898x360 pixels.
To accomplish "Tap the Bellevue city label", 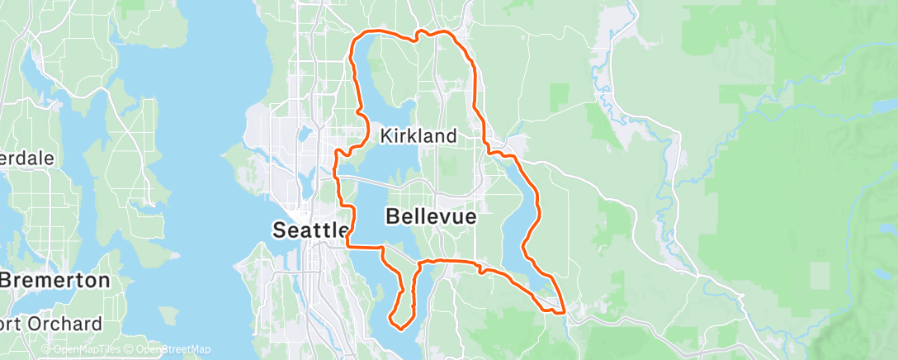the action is point(431,216).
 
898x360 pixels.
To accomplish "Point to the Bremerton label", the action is point(54,280).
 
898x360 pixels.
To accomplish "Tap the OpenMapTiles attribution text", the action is point(81,350).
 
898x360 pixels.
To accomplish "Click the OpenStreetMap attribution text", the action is point(168,350).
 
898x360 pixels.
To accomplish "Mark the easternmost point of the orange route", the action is point(565,310).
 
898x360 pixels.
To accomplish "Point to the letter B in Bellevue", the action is point(393,216).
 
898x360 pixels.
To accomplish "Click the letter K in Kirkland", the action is point(385,135).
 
